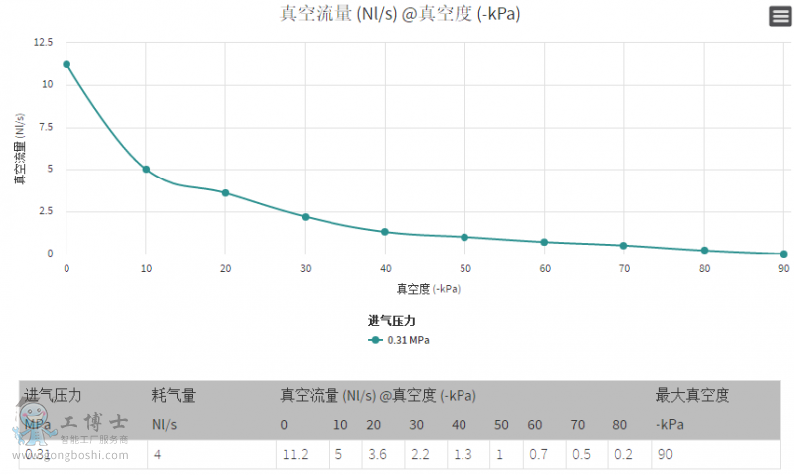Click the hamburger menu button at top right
[780, 15]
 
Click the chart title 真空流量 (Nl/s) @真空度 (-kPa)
[399, 14]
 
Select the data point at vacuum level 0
[66, 64]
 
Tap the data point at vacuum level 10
[146, 170]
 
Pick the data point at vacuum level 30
[306, 217]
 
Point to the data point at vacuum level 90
[783, 254]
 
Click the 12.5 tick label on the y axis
[43, 42]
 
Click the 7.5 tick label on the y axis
[45, 126]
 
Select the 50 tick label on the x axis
[464, 269]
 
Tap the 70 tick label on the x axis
[624, 269]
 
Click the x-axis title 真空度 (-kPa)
[429, 289]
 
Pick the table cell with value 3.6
[376, 454]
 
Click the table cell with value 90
[664, 454]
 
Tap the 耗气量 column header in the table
[173, 395]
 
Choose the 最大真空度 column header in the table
[692, 395]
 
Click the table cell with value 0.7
[536, 454]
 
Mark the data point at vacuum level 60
[544, 242]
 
